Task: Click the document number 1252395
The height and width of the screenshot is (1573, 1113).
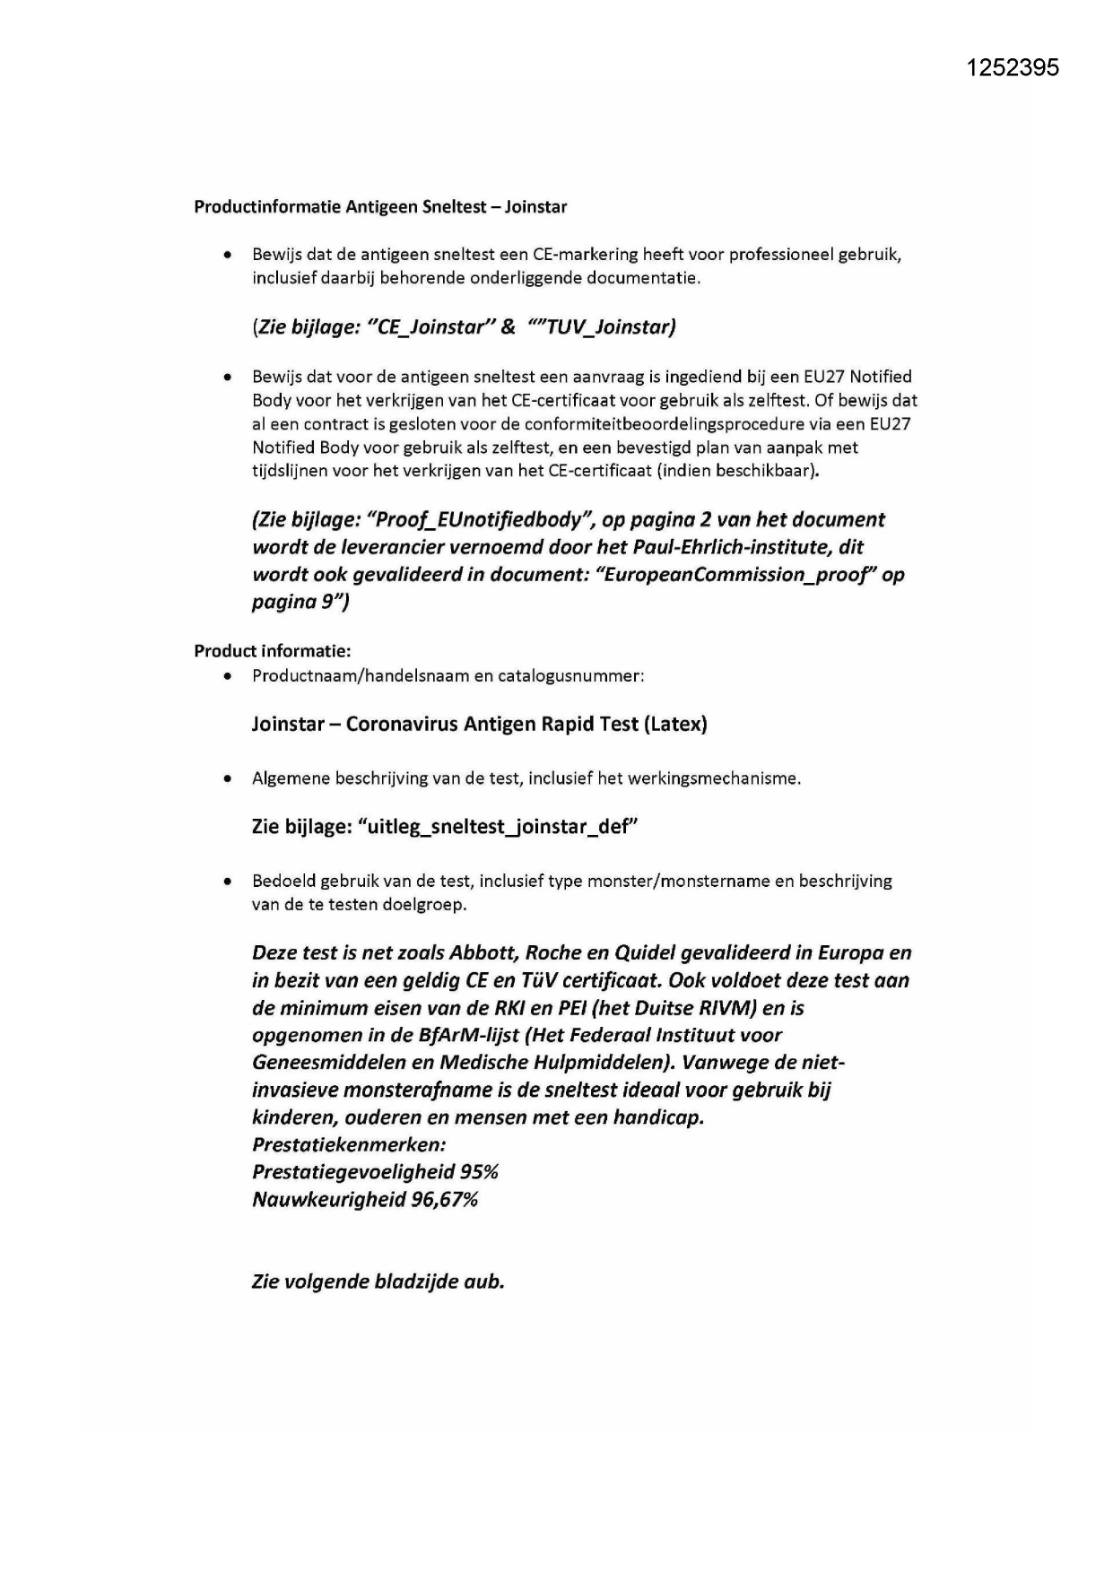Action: (x=1013, y=67)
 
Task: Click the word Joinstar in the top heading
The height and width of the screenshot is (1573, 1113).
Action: (x=535, y=207)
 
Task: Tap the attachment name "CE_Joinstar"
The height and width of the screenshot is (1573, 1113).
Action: (x=427, y=327)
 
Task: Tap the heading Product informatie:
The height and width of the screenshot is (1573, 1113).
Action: (x=272, y=651)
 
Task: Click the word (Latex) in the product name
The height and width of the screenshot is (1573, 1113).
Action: (x=675, y=725)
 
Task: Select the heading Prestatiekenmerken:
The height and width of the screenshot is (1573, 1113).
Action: (x=349, y=1145)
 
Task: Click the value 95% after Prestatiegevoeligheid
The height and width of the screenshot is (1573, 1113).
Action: (x=479, y=1173)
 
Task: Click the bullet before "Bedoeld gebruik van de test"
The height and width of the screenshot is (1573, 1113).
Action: (x=230, y=882)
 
